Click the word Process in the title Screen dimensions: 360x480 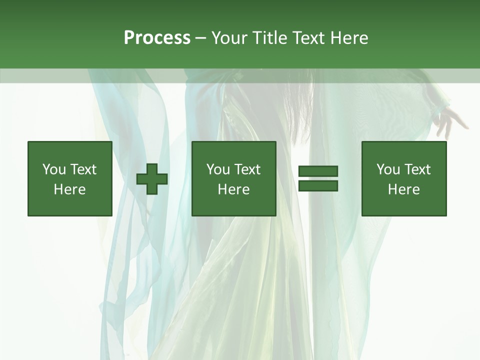click(x=157, y=38)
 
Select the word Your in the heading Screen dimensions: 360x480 click(x=230, y=38)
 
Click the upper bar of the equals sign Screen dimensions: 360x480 click(x=318, y=171)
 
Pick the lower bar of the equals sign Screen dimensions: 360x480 click(x=318, y=186)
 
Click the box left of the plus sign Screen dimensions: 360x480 click(x=69, y=178)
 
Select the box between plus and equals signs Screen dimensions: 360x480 click(x=233, y=178)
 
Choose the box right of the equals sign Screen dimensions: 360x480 click(x=404, y=178)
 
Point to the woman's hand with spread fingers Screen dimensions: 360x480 click(x=449, y=120)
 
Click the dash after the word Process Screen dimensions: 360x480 click(x=200, y=38)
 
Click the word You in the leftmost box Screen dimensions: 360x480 click(x=54, y=169)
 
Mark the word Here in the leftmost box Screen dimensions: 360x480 click(x=69, y=189)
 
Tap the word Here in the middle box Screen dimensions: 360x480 click(x=233, y=189)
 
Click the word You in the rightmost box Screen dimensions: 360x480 click(x=388, y=169)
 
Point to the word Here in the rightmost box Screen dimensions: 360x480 click(x=404, y=189)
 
